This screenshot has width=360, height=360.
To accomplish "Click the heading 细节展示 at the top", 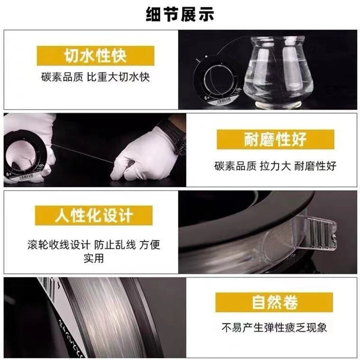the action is pos(180,14).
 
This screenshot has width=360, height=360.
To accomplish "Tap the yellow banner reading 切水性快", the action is pos(95,55).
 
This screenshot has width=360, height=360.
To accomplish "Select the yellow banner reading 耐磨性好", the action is pos(275,139).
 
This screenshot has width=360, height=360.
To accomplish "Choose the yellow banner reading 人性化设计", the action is pos(94,216).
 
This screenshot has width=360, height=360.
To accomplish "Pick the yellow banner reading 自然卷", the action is pos(274,302).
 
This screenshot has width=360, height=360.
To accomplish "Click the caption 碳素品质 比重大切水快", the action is pos(95,77).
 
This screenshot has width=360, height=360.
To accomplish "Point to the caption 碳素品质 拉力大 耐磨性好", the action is pos(275,166).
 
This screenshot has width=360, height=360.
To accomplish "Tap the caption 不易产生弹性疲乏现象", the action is pos(274,328).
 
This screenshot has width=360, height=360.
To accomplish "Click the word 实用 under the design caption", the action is pos(94,258).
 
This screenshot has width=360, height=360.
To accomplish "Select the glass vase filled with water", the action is pos(279,71).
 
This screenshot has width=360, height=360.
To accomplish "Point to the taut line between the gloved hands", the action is pos(83,153).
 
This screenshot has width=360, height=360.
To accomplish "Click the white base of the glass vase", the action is pos(278,105).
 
